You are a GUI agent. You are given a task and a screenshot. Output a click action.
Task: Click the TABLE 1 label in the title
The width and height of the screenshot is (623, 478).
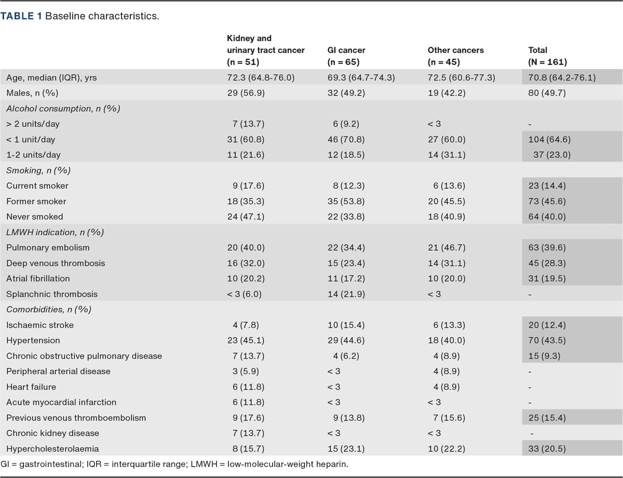[22, 16]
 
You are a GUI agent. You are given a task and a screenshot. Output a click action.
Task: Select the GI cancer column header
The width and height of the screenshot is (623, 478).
[346, 50]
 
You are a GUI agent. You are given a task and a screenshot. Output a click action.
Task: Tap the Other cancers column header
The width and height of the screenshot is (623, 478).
[455, 50]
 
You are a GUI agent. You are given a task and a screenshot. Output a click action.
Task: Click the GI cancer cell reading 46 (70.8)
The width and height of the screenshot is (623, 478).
[346, 140]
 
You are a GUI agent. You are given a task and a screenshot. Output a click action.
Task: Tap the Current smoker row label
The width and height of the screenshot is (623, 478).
[37, 186]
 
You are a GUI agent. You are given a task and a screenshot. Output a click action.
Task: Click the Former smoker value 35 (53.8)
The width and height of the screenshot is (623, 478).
[346, 201]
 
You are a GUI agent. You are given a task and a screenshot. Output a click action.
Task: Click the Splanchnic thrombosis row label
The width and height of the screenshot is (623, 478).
[52, 294]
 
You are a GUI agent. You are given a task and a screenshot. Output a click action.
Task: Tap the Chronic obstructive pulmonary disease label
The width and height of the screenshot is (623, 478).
[84, 356]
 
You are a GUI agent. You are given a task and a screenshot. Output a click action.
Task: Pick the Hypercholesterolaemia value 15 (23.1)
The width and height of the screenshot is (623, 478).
[346, 448]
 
